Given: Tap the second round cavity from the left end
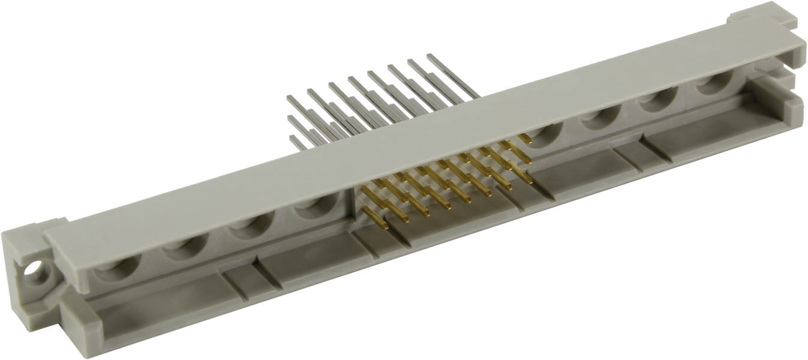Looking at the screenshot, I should [185, 247].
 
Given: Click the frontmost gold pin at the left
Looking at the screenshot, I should [384, 226].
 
